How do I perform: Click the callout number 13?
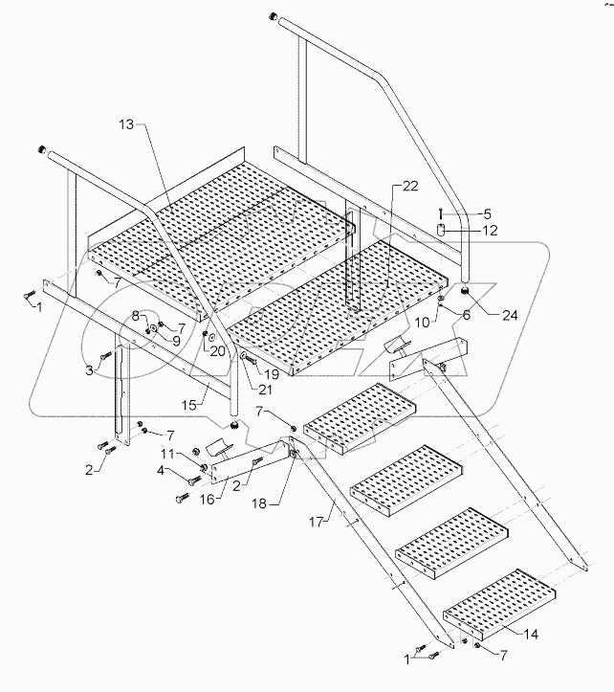tap(128, 125)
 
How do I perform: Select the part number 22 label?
tap(410, 186)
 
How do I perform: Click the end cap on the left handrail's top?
tap(42, 150)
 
